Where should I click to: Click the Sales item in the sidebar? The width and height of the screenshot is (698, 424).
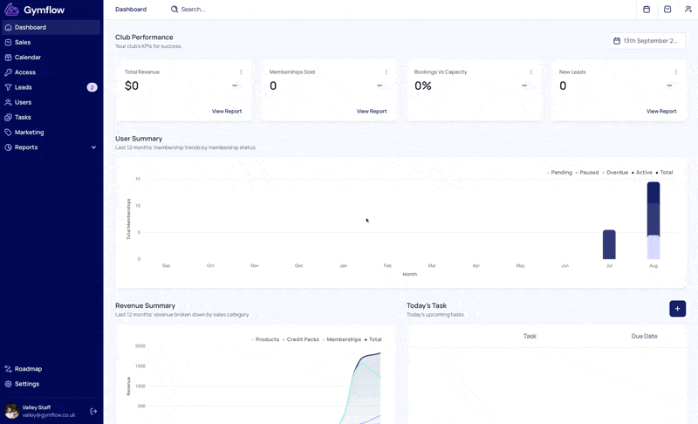(x=23, y=42)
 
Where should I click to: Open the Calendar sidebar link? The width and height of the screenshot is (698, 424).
(x=28, y=58)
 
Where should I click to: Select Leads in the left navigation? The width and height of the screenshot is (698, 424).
(x=24, y=87)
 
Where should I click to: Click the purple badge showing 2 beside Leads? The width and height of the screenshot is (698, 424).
(x=92, y=87)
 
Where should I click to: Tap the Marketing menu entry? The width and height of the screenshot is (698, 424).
(x=29, y=132)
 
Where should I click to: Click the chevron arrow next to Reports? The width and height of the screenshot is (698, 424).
(x=93, y=147)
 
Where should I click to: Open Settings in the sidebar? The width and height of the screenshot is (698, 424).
(x=27, y=384)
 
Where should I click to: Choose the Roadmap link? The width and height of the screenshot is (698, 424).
(x=28, y=369)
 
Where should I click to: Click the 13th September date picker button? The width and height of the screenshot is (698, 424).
(x=647, y=41)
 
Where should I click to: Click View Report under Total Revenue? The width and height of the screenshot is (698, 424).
(x=227, y=111)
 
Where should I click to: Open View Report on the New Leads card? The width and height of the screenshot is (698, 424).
(x=661, y=111)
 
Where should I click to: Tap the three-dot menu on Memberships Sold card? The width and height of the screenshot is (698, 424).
(x=386, y=72)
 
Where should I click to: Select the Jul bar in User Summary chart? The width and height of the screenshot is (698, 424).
(x=609, y=244)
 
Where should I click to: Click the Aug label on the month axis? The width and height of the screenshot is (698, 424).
(x=653, y=265)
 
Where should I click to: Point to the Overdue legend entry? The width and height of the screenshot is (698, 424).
(x=615, y=173)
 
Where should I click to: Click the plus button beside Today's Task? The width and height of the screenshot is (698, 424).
(x=677, y=309)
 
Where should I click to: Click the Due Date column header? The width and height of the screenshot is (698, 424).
(x=644, y=337)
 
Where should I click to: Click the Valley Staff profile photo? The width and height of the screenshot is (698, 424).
(x=12, y=411)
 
